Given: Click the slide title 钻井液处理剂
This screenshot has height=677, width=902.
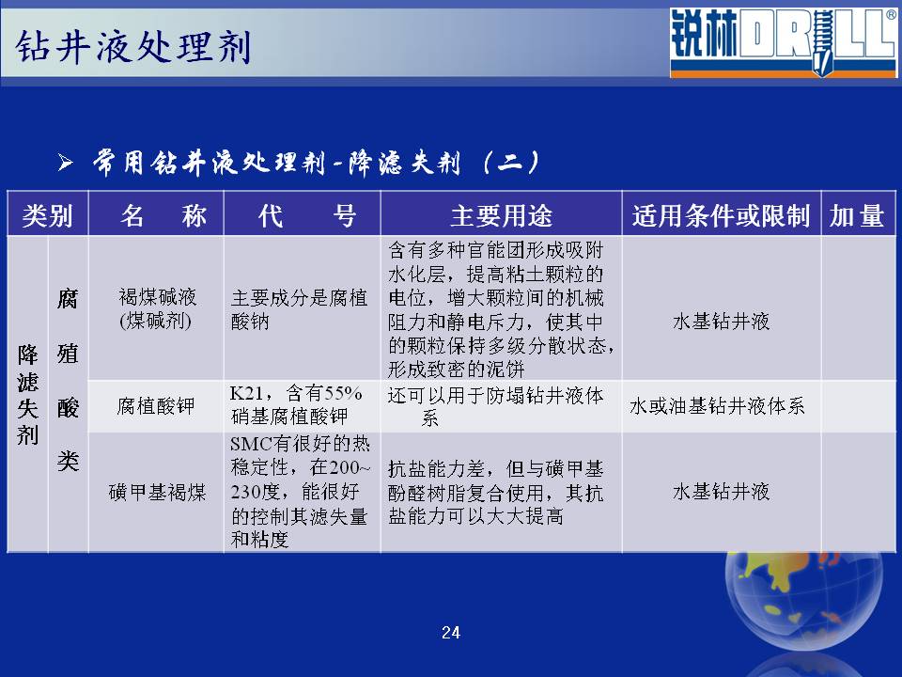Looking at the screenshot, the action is tap(132, 46).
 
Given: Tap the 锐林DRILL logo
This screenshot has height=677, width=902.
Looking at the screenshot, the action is tap(783, 42).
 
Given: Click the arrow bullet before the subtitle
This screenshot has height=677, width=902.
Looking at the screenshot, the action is tap(66, 163).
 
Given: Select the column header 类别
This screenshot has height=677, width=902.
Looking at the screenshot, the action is tap(47, 216).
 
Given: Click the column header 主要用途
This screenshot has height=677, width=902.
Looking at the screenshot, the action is tap(501, 216).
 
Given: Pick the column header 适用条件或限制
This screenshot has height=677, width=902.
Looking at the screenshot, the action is tap(721, 216).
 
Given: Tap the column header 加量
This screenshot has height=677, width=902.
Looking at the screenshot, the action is tap(857, 216).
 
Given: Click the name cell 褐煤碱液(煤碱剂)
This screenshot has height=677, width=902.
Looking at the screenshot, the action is tap(157, 308).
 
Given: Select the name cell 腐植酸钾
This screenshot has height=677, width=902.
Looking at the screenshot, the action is tap(156, 406).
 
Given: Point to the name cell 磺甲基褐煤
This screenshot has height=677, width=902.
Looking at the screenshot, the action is tap(157, 492).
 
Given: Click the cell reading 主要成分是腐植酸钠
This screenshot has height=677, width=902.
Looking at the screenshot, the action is tap(299, 308).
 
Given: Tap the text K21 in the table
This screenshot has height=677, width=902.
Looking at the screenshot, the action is tap(246, 393).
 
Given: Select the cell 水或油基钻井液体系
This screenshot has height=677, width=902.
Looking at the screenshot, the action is tap(717, 406).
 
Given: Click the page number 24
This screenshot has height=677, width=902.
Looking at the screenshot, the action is tap(451, 633).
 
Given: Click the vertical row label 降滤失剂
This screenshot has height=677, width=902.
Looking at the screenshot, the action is tap(27, 394).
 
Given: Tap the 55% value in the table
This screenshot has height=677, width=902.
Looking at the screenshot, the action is tap(343, 393).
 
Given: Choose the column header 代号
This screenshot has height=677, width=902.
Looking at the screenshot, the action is tap(306, 216).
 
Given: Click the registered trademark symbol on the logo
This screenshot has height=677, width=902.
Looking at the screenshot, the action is tap(891, 14).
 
